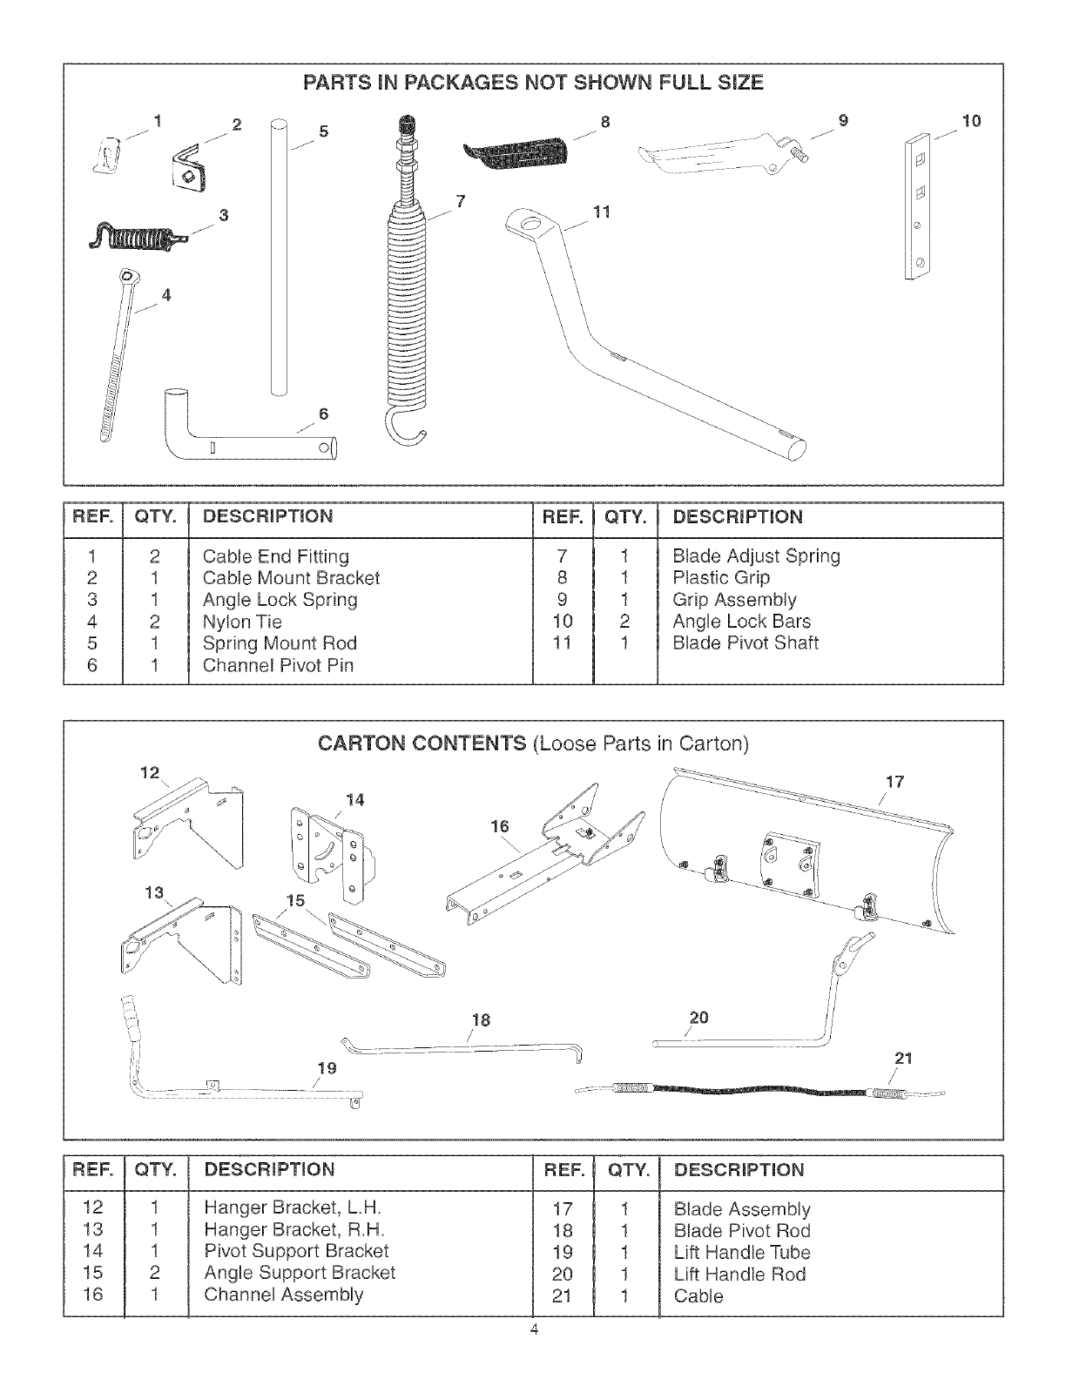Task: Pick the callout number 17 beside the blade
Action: tap(894, 782)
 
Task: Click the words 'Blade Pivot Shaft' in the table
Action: tap(745, 643)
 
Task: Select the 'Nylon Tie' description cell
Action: tap(242, 622)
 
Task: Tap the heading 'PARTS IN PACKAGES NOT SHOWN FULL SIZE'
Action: tap(532, 83)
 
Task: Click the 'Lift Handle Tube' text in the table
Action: tap(741, 1252)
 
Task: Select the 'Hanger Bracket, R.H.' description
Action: tap(293, 1229)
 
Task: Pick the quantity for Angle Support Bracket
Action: tap(154, 1273)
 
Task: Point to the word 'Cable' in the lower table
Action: tap(698, 1295)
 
